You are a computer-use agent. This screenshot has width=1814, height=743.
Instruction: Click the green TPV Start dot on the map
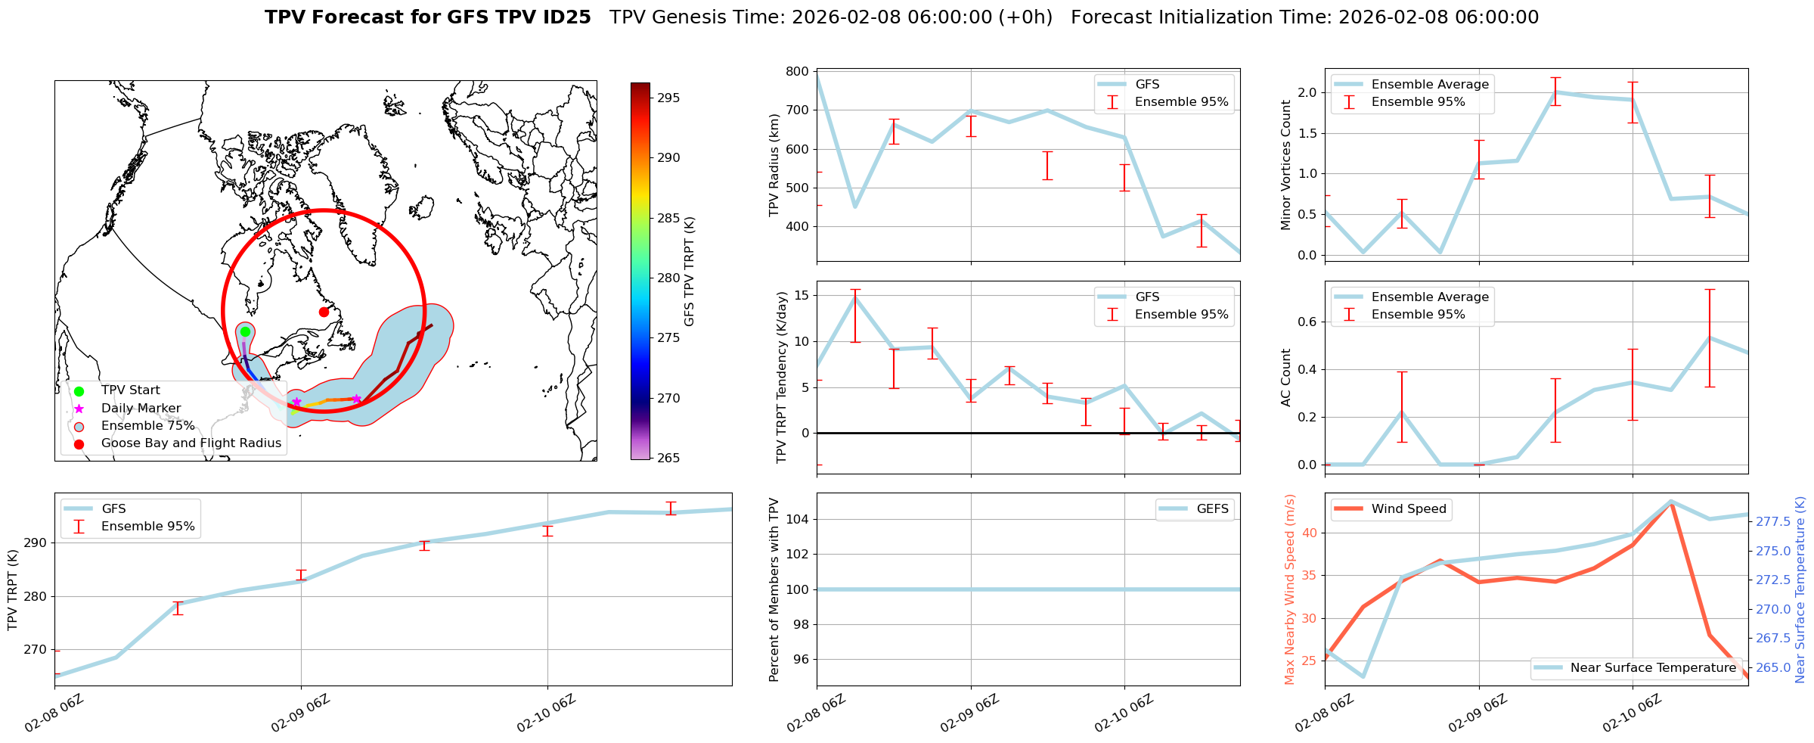245,331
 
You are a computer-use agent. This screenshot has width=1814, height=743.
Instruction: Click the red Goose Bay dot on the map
324,312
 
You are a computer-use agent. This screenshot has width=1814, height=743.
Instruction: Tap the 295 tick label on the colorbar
668,98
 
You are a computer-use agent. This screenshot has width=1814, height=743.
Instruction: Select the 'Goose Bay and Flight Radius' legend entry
191,443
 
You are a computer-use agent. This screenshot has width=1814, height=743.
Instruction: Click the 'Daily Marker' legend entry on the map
141,409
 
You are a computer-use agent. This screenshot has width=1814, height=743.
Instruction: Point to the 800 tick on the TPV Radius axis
798,72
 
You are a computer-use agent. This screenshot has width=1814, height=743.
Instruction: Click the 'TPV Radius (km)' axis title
774,165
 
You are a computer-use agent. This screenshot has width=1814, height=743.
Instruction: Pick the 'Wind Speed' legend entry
1408,509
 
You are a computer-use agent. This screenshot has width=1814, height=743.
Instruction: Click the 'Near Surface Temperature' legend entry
1652,668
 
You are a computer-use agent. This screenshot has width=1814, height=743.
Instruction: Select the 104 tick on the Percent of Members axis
798,519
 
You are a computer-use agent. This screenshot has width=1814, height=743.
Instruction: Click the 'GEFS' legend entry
1212,509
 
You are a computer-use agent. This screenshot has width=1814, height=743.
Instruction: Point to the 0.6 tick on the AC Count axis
1307,322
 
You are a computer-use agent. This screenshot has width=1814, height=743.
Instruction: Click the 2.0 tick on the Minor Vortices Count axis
1307,93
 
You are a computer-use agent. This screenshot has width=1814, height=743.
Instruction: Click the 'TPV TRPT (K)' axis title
12,590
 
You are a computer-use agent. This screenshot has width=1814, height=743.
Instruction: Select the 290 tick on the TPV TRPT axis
36,543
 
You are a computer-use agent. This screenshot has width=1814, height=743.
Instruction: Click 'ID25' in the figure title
566,17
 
